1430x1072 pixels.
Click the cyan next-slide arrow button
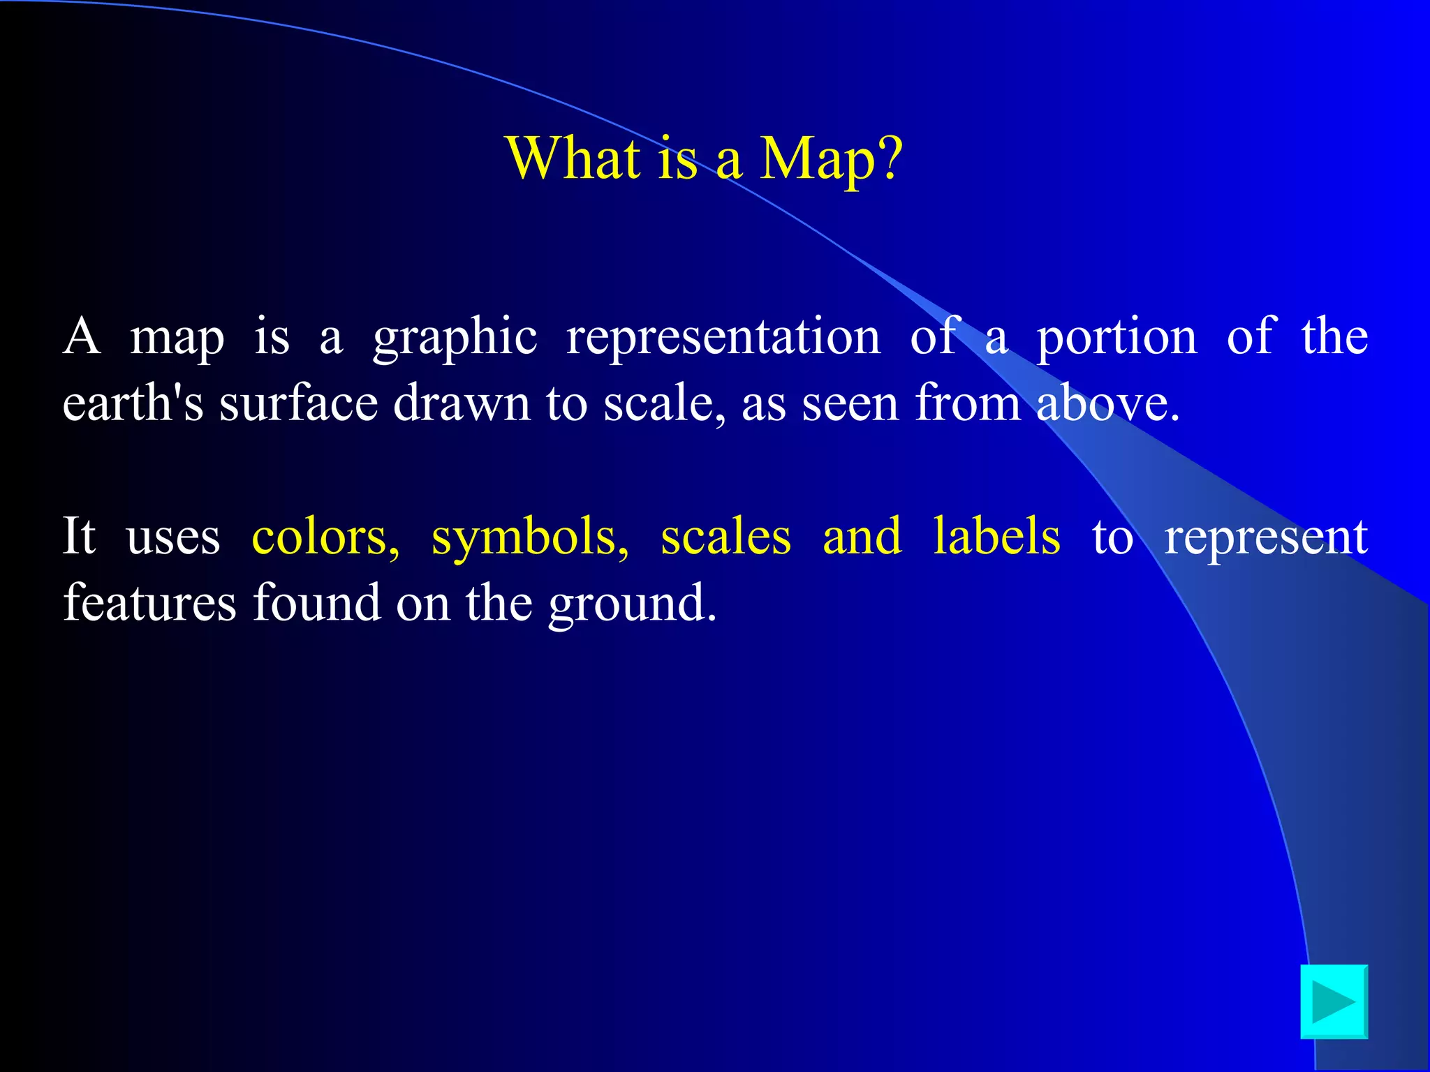point(1334,1002)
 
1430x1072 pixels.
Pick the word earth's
point(133,403)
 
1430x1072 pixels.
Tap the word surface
point(299,403)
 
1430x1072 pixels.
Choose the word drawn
point(462,403)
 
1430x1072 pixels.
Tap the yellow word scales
point(726,536)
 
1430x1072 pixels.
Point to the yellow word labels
point(996,536)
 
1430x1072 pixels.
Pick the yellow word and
point(862,536)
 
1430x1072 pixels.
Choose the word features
point(149,602)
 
